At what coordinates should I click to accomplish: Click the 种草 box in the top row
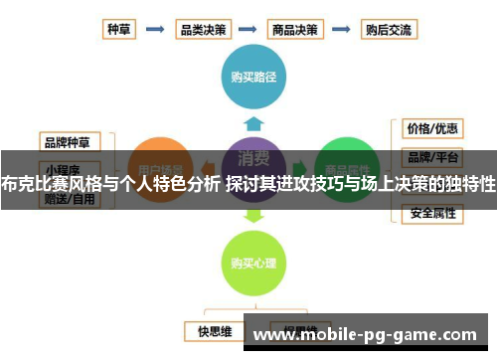point(121,30)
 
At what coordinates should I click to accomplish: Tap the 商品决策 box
point(296,30)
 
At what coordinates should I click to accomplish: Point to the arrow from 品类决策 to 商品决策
point(248,30)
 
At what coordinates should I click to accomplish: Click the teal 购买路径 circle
point(253,76)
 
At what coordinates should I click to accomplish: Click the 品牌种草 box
point(69,139)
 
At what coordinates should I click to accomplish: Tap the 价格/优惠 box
point(431,128)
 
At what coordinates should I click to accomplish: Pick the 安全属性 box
point(431,213)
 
